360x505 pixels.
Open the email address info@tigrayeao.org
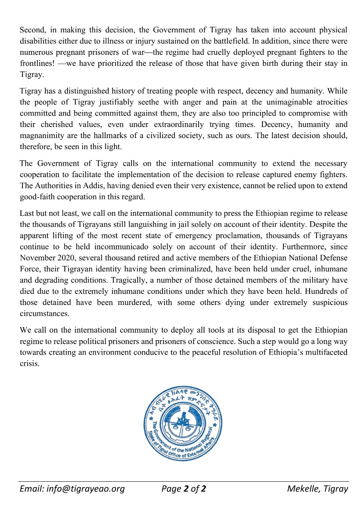[72, 489]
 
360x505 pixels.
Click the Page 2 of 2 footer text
[184, 489]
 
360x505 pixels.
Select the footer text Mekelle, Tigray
[317, 489]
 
